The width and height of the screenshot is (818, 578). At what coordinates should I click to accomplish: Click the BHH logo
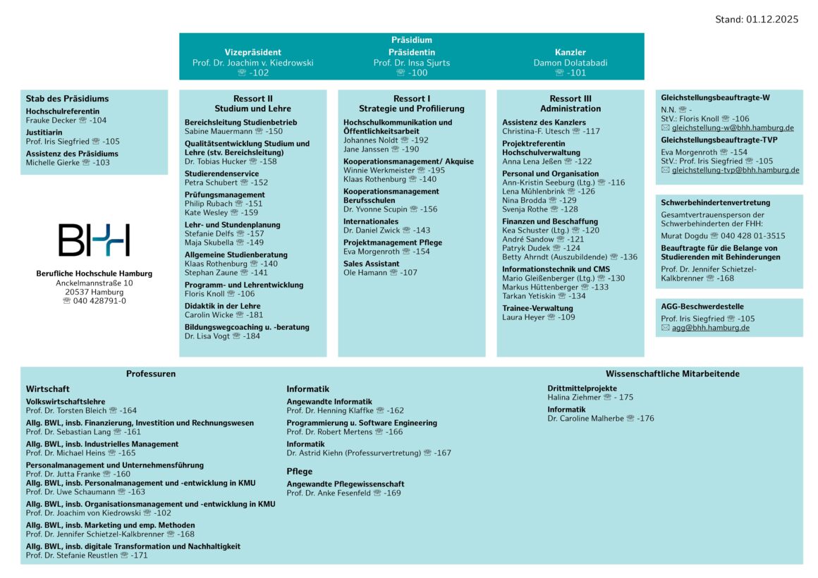[94, 240]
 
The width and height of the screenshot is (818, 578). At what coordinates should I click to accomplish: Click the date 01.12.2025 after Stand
[771, 20]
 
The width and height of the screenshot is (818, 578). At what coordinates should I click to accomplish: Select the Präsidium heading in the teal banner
[411, 40]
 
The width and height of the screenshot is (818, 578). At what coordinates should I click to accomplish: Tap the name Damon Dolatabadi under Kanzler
[570, 63]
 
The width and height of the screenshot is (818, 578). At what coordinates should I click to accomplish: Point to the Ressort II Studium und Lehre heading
[252, 104]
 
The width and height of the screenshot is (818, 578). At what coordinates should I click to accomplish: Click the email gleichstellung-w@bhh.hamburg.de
[733, 128]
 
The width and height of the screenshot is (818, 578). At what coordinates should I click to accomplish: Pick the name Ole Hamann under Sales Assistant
[365, 273]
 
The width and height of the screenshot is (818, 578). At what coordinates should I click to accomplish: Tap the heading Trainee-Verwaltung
[537, 308]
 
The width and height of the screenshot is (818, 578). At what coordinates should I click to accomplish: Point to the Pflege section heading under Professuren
[299, 472]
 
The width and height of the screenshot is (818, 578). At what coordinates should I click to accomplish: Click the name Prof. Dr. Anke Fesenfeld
[328, 493]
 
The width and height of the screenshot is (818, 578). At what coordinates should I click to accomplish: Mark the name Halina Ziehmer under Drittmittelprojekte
[573, 398]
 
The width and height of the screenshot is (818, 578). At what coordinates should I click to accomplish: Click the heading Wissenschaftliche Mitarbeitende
[672, 374]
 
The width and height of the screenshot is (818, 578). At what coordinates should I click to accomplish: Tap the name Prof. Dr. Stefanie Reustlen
[71, 555]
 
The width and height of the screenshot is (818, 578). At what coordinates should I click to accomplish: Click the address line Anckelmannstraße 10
[94, 283]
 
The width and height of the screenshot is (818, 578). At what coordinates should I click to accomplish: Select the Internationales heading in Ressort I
[370, 221]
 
